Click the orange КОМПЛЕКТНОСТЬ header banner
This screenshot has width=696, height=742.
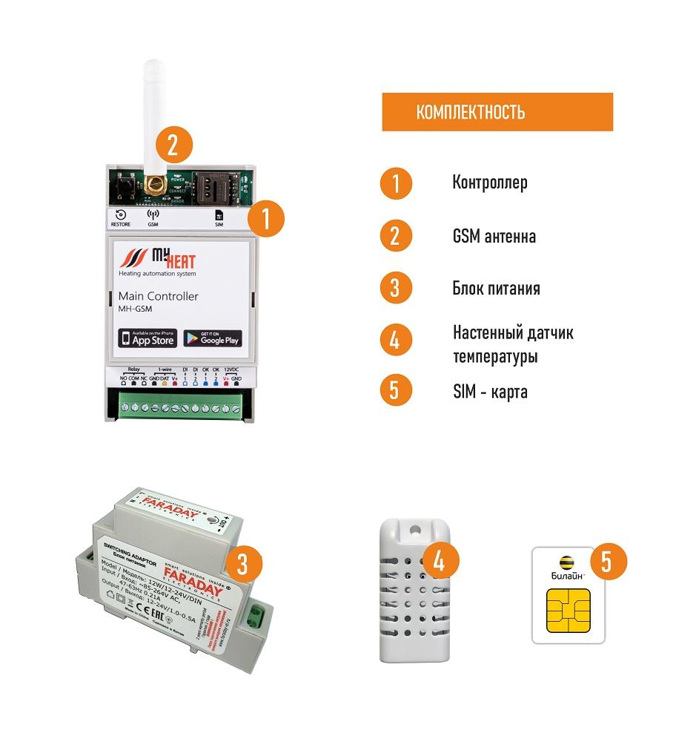[x=497, y=112]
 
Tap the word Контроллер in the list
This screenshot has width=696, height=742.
[x=490, y=183]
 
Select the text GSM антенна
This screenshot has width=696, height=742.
[x=494, y=236]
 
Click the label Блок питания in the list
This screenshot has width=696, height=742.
[x=496, y=288]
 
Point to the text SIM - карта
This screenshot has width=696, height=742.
[x=490, y=392]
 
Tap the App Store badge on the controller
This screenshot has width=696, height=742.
[x=148, y=338]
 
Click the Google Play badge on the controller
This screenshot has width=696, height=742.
[x=213, y=338]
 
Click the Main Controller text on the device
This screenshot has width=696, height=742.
[x=158, y=297]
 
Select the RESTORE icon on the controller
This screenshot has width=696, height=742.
[x=121, y=216]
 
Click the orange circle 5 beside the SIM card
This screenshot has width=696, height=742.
[x=606, y=561]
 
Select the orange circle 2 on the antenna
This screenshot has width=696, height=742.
[x=172, y=145]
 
